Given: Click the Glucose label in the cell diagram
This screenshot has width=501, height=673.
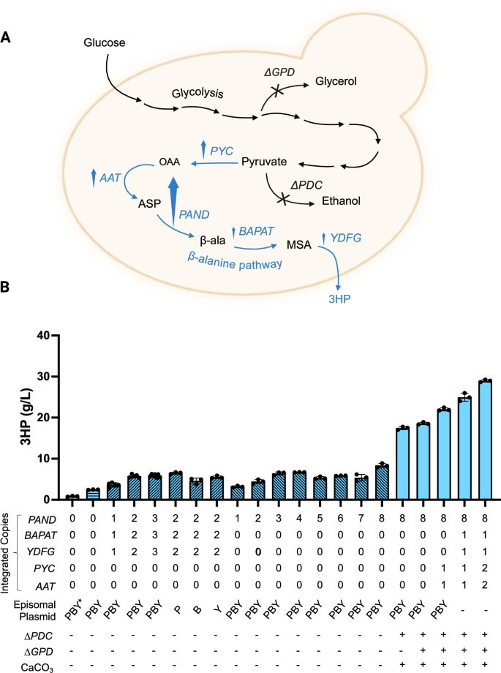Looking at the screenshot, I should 104,44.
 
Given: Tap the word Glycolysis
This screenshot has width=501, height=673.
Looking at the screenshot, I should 198,94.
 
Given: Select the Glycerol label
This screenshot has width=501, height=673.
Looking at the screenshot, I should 336,81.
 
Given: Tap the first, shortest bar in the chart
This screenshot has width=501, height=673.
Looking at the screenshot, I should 72,497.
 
